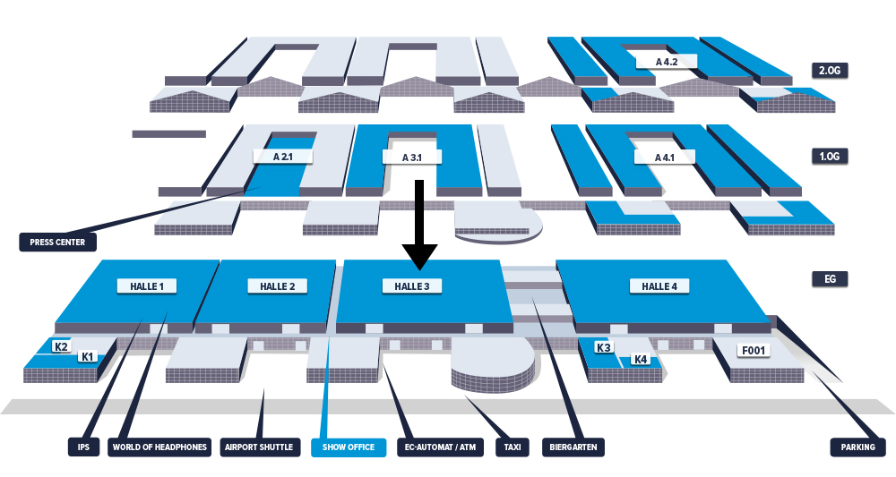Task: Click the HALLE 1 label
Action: click(147, 285)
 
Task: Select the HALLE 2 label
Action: click(277, 285)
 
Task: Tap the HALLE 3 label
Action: click(412, 285)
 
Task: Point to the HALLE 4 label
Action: click(659, 285)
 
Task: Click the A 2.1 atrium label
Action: click(283, 156)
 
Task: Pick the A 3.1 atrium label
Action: click(412, 157)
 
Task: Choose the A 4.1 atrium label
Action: click(665, 157)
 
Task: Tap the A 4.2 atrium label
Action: click(667, 61)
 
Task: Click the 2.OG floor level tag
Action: click(830, 70)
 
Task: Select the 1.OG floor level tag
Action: click(830, 156)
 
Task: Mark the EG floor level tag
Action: click(830, 278)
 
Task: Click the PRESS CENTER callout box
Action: click(57, 242)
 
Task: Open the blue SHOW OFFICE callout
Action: click(349, 447)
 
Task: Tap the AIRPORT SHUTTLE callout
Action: click(259, 447)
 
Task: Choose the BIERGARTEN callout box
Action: click(573, 447)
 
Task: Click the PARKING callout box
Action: click(857, 447)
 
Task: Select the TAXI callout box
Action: click(513, 447)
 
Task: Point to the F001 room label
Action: click(754, 350)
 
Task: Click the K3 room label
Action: click(603, 347)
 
